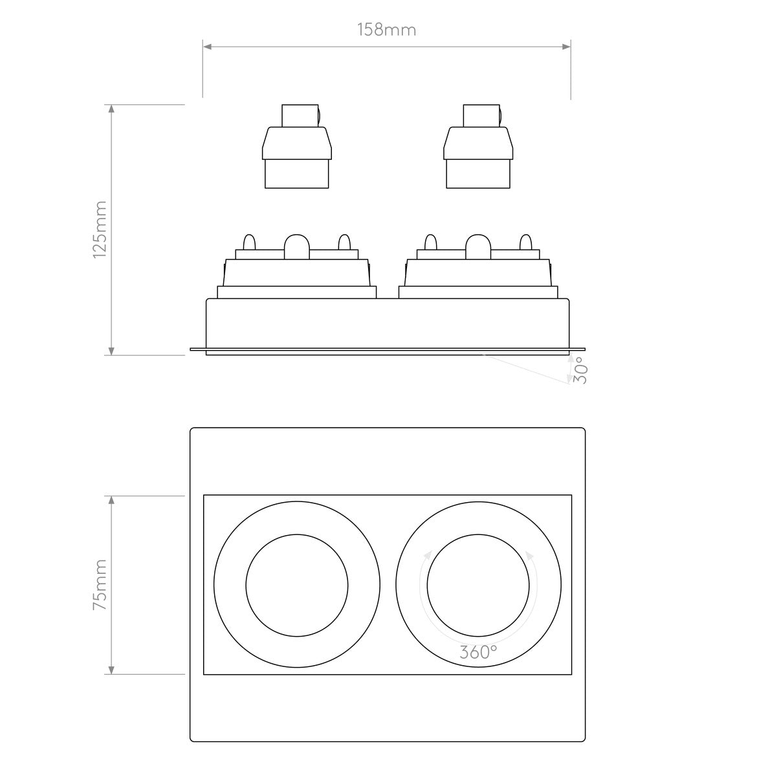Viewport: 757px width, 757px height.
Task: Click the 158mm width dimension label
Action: click(x=386, y=30)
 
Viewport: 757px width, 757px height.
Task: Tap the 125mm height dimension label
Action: click(x=100, y=230)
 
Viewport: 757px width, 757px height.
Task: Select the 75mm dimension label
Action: click(x=100, y=586)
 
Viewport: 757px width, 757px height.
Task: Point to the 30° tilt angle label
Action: click(x=580, y=371)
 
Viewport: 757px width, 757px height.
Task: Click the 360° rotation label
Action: click(x=479, y=652)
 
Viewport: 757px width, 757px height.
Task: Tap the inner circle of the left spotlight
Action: click(x=297, y=585)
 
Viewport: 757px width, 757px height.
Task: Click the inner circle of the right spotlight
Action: click(x=478, y=585)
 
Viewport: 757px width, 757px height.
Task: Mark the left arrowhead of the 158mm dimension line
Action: click(x=208, y=46)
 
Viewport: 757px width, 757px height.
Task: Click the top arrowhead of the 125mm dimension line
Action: click(x=112, y=109)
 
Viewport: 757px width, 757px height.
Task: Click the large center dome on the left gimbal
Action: click(x=297, y=244)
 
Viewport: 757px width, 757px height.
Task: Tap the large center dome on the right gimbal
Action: click(x=478, y=244)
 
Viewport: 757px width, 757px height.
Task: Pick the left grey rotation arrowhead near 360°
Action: click(x=428, y=554)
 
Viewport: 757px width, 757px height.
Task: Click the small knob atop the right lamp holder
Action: click(x=501, y=116)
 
